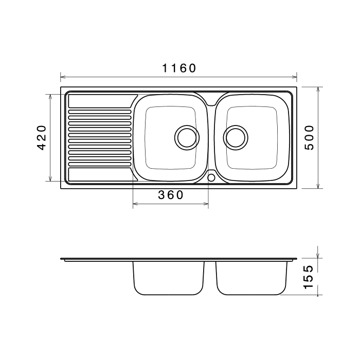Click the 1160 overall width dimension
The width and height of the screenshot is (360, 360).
click(x=179, y=68)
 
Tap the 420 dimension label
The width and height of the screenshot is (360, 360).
click(x=42, y=137)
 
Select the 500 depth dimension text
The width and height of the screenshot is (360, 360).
click(x=309, y=137)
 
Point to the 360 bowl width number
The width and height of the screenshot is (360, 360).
click(x=171, y=195)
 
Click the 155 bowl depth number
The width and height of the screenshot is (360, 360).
click(x=308, y=277)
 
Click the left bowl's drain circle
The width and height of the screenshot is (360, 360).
click(x=187, y=138)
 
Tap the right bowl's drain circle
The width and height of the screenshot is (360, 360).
click(x=236, y=138)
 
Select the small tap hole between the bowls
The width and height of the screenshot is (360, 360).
click(x=211, y=177)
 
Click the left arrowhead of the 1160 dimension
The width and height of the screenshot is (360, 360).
click(x=63, y=77)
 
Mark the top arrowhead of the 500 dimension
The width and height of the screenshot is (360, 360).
click(x=318, y=89)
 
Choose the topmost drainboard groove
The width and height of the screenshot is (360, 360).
click(x=100, y=112)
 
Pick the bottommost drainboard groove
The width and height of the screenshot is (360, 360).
click(x=100, y=165)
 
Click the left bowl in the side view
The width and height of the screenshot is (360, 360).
click(x=169, y=278)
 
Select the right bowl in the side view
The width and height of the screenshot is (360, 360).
click(x=251, y=278)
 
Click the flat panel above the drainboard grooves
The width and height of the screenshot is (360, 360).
click(x=101, y=101)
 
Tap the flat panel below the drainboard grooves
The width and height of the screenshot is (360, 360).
click(x=101, y=174)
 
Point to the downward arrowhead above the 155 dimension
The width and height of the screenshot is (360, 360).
click(x=318, y=255)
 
